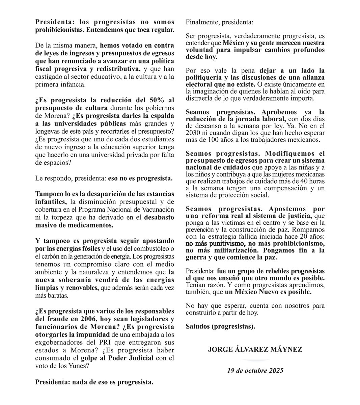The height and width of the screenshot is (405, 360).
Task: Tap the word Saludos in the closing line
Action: pyautogui.click(x=198, y=326)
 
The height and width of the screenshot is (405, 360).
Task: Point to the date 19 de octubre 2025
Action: pyautogui.click(x=255, y=370)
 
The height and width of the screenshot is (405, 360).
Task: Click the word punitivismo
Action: pyautogui.click(x=225, y=243)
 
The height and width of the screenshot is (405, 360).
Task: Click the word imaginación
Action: pyautogui.click(x=207, y=91)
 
